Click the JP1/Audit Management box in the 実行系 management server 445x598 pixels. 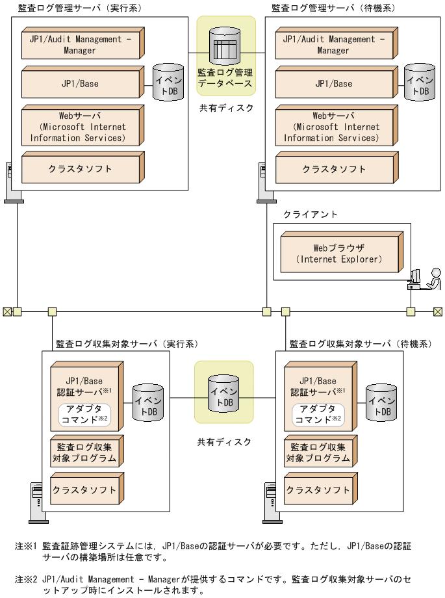click(80, 44)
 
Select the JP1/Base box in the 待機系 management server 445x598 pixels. click(333, 83)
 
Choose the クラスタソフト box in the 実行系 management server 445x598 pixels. click(80, 169)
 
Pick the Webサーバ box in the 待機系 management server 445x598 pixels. click(333, 127)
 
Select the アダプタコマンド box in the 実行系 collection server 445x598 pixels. click(84, 414)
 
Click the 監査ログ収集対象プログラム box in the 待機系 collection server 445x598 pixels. click(318, 452)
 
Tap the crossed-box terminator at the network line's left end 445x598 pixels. click(7, 311)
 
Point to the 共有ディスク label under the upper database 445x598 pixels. click(226, 108)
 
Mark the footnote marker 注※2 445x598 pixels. click(26, 577)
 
